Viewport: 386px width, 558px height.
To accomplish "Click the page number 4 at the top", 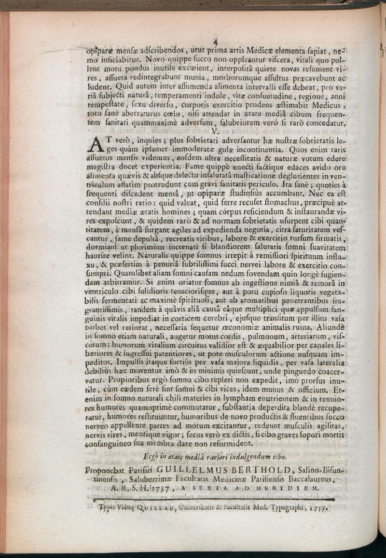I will (216, 42).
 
